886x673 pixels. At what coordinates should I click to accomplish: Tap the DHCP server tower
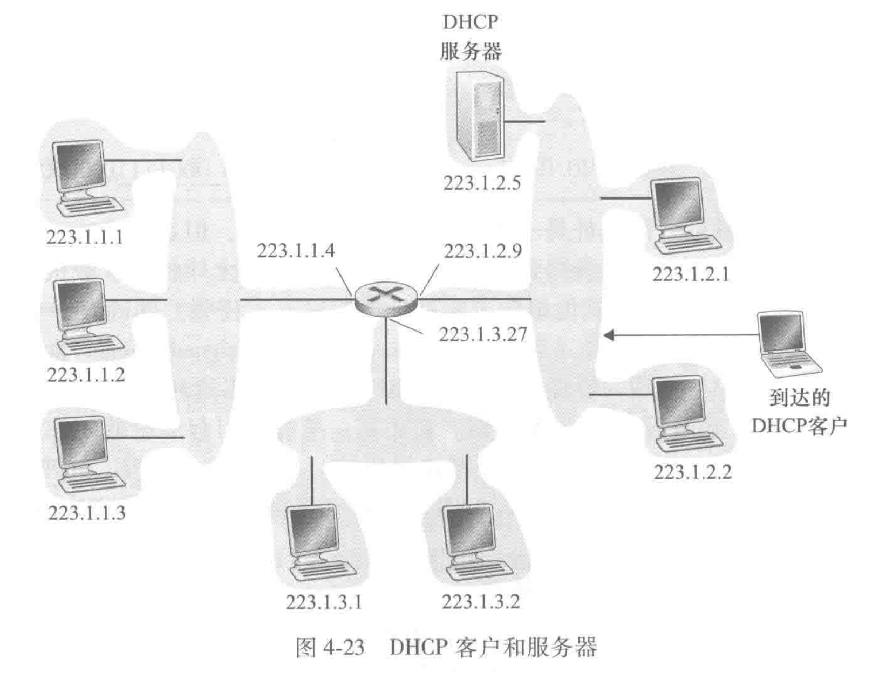tap(477, 116)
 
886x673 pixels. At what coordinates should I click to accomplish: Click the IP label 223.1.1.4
tap(296, 251)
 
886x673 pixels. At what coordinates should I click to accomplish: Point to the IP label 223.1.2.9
tap(483, 251)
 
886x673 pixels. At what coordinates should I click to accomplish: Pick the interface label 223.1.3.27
tap(482, 334)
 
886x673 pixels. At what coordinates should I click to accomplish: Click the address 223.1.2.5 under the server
tap(482, 183)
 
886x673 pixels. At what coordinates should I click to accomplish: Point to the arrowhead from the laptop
tap(609, 335)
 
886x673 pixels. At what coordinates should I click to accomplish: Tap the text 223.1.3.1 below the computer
tap(324, 602)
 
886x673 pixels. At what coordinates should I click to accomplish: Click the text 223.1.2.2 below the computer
tap(693, 472)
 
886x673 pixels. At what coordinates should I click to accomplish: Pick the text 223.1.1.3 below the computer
tap(87, 513)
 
